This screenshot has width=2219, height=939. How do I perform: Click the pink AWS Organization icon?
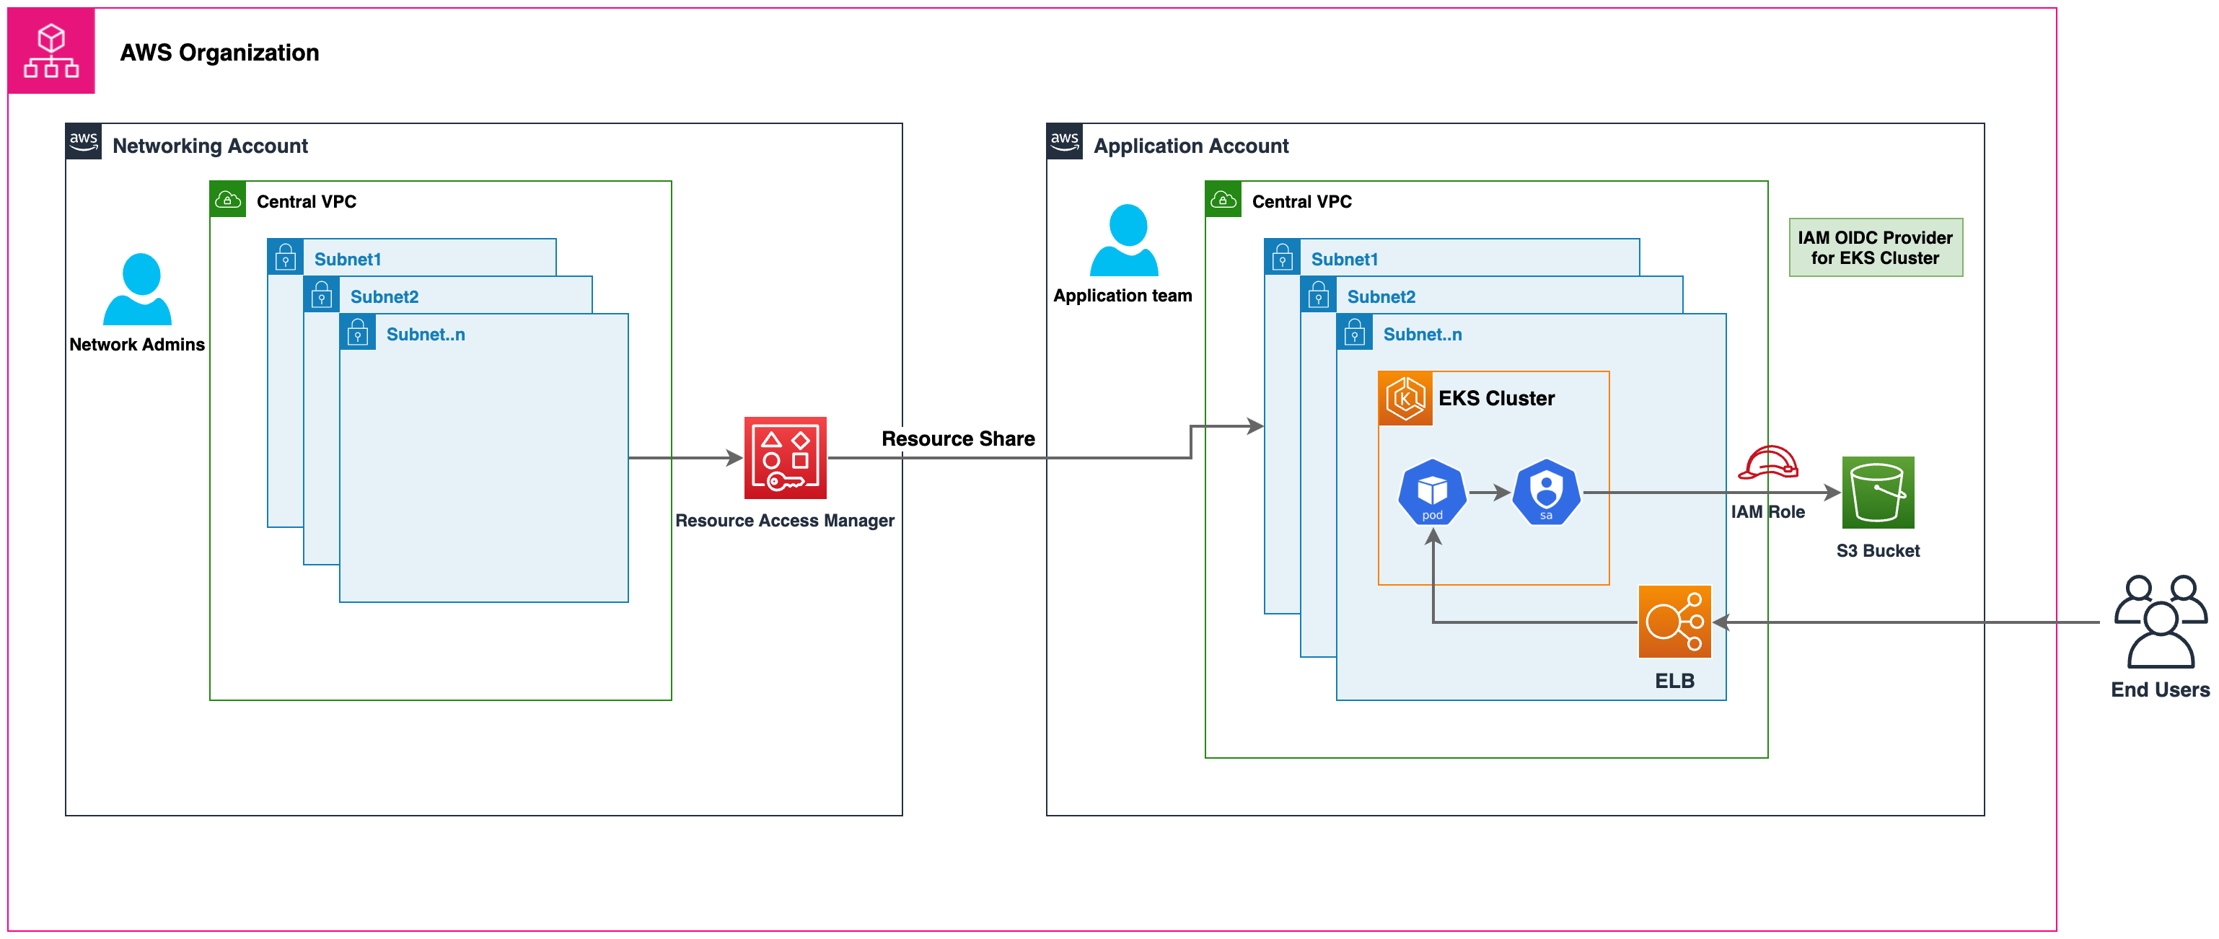tap(50, 50)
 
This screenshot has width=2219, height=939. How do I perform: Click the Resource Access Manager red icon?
tap(785, 457)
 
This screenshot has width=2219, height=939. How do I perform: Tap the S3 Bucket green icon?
tap(1877, 492)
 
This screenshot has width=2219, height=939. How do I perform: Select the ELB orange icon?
tap(1674, 621)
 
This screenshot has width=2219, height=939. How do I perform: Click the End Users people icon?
tap(2160, 621)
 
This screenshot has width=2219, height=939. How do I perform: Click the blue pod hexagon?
tap(1432, 492)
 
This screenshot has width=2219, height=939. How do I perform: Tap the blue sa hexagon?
tap(1546, 492)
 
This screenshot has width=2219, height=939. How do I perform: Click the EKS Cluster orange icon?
tap(1405, 398)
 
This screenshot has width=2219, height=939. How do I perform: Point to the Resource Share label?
tap(958, 438)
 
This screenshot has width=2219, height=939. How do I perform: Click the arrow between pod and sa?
tap(1488, 493)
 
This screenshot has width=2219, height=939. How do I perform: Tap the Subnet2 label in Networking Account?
tap(385, 296)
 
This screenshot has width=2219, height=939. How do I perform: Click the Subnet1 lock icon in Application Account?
tap(1282, 257)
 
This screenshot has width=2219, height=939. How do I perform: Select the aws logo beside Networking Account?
tap(84, 141)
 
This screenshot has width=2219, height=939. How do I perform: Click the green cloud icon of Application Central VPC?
tap(1222, 200)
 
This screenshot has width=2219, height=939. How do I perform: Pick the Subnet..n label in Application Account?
tap(1421, 334)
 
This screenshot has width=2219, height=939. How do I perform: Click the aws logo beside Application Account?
tap(1064, 141)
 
